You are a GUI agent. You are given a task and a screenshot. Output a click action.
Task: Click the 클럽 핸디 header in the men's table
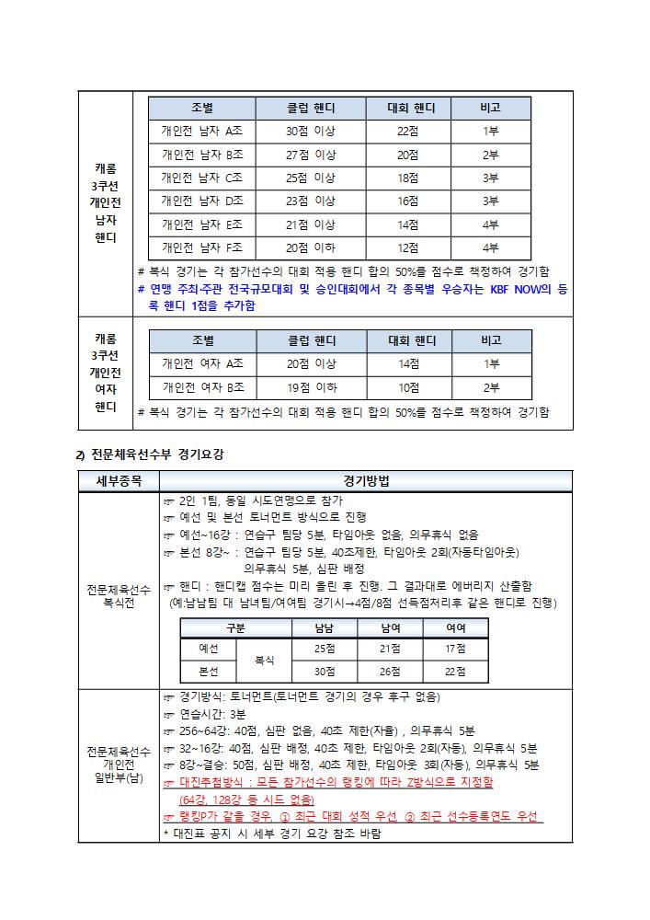point(310,109)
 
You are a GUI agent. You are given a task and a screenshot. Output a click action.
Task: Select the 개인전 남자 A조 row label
point(201,132)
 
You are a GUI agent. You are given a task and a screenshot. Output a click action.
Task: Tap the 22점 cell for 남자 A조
point(407,132)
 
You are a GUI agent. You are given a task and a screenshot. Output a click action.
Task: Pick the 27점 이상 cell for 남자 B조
point(310,155)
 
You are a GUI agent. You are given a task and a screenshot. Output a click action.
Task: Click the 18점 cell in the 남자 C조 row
point(407,178)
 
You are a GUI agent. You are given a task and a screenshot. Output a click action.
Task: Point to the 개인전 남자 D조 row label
point(201,201)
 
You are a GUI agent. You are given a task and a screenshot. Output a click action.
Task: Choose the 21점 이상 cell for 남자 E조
point(310,224)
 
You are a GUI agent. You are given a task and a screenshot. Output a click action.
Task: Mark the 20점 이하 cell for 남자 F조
point(310,247)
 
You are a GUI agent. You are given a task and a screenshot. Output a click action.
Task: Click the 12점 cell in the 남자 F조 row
point(407,247)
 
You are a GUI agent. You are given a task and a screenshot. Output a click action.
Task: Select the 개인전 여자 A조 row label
point(201,363)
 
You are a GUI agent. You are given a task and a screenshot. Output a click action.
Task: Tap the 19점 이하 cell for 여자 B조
point(310,387)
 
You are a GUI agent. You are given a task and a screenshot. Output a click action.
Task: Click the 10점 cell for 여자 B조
point(407,387)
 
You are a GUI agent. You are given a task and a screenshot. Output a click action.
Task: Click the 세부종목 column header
point(119,481)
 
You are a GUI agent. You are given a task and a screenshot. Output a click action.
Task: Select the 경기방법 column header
point(366,481)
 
